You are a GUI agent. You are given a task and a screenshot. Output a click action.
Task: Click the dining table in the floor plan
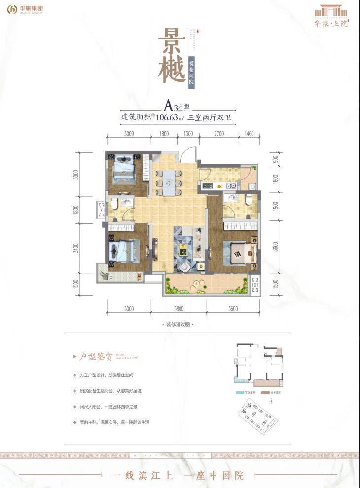click(x=168, y=181)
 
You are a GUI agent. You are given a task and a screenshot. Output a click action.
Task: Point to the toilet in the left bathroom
click(x=114, y=203)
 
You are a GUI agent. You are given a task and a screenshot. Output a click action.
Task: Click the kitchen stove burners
click(x=208, y=187)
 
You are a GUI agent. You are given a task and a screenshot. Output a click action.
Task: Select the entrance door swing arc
click(x=188, y=154)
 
